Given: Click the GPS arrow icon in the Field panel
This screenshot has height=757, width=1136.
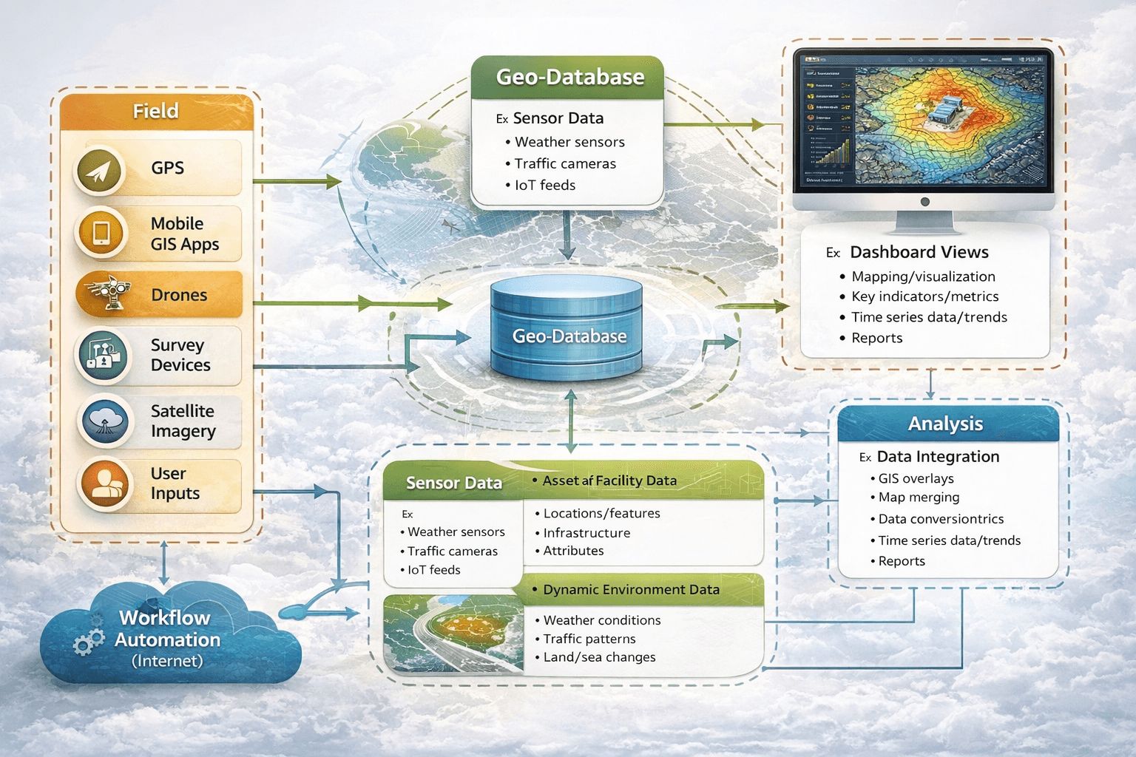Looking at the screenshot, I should click(99, 170).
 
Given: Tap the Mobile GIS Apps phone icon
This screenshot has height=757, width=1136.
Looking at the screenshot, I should click(101, 233).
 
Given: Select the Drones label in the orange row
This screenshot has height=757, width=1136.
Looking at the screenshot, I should click(179, 295).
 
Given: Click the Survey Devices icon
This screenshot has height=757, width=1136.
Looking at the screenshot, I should click(103, 356).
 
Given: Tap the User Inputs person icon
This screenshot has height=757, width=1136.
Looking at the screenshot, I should click(105, 484).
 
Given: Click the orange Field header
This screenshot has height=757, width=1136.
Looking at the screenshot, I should click(156, 112).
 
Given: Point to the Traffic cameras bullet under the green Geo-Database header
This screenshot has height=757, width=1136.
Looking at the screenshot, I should click(564, 164).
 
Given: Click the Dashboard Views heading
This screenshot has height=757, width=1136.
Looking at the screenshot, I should click(919, 253).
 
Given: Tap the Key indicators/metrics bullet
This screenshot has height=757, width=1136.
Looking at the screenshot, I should click(924, 296).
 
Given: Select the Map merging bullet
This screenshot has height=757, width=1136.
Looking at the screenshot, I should click(919, 498).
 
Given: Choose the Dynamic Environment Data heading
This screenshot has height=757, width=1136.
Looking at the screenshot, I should click(631, 590).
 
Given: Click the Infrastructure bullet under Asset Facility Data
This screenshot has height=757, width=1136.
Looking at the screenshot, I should click(586, 533).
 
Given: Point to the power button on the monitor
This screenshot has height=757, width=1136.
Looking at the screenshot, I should click(924, 202).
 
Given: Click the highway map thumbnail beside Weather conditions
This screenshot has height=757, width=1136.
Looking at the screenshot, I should click(453, 634).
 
